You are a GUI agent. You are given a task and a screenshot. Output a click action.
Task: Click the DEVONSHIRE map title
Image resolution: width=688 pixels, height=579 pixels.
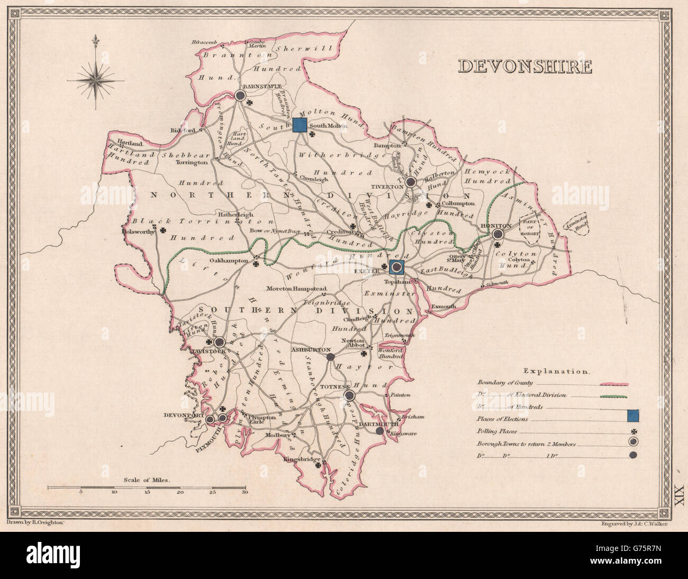click(x=524, y=67)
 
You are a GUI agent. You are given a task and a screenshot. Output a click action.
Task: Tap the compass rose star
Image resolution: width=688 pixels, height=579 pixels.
click(x=96, y=81)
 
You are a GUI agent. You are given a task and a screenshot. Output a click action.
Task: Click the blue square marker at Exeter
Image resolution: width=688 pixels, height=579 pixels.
click(x=396, y=268)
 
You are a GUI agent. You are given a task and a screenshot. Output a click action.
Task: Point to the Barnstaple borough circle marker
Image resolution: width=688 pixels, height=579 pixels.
click(x=240, y=96)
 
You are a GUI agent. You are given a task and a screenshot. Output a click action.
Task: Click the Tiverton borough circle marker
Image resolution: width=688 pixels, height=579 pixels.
click(x=410, y=182)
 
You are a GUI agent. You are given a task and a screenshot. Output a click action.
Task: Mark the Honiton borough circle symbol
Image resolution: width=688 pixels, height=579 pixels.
click(x=497, y=234)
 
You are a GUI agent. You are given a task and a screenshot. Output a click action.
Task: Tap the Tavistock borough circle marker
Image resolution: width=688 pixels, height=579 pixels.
click(x=219, y=343)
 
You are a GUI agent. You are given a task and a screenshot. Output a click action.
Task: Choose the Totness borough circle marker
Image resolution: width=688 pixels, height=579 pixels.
click(x=348, y=395)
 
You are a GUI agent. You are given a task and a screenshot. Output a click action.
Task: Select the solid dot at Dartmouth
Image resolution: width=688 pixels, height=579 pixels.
click(x=379, y=431)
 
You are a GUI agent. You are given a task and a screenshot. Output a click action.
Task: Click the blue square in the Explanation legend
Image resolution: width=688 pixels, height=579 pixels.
click(x=632, y=416)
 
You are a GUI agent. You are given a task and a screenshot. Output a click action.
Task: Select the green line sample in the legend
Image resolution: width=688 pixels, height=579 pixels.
click(x=613, y=396)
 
